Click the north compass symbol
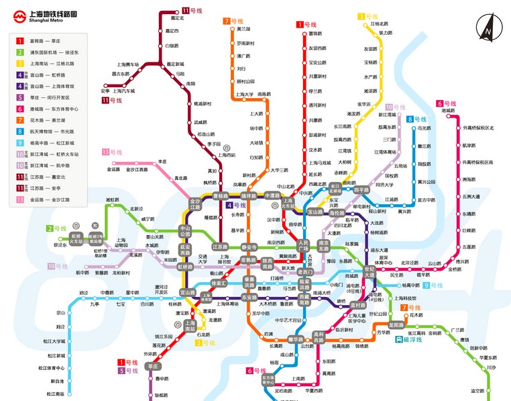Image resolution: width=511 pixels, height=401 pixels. point(488,28)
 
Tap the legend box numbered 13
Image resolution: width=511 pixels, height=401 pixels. point(21,199)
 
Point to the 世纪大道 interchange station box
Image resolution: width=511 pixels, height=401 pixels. point(370,273)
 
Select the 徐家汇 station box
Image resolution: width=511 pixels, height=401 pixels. point(219,283)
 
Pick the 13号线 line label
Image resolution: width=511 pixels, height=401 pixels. point(111,152)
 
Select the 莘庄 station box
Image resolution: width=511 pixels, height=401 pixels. point(154,366)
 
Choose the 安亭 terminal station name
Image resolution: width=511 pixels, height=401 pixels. point(105,91)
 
